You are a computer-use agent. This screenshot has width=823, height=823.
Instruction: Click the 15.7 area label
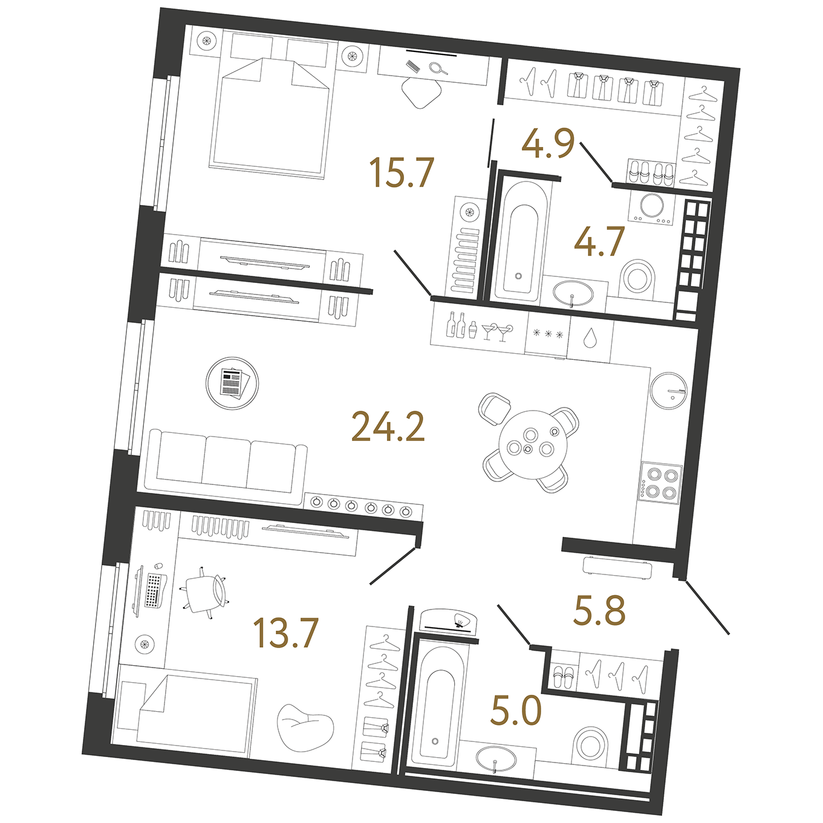pyautogui.click(x=402, y=172)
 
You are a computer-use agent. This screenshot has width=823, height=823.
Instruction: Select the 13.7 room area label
pyautogui.click(x=286, y=633)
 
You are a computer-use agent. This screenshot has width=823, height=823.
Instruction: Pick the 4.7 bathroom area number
pyautogui.click(x=600, y=241)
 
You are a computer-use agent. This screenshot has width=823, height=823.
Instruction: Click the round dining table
pyautogui.click(x=533, y=444)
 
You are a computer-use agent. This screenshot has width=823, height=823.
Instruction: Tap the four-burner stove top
pyautogui.click(x=660, y=483)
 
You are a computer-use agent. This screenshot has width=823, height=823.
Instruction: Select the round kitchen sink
pyautogui.click(x=668, y=391)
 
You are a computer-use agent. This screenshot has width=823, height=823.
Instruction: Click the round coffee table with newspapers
pyautogui.click(x=232, y=383)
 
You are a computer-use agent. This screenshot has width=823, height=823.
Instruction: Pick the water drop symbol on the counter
pyautogui.click(x=590, y=338)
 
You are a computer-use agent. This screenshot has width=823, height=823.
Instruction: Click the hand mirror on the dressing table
pyautogui.click(x=438, y=68)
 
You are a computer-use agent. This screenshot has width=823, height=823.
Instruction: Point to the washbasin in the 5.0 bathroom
pyautogui.click(x=495, y=760)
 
